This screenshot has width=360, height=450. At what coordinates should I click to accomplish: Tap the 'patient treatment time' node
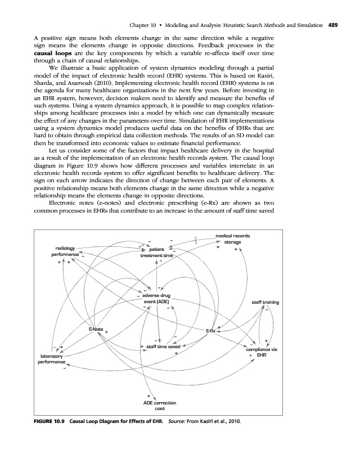[x=157, y=251]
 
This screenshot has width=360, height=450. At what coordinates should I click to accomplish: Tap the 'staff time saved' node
[x=163, y=347]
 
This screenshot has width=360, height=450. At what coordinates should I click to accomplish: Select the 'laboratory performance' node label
[x=50, y=359]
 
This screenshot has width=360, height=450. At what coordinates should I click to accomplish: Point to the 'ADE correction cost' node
[x=160, y=406]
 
